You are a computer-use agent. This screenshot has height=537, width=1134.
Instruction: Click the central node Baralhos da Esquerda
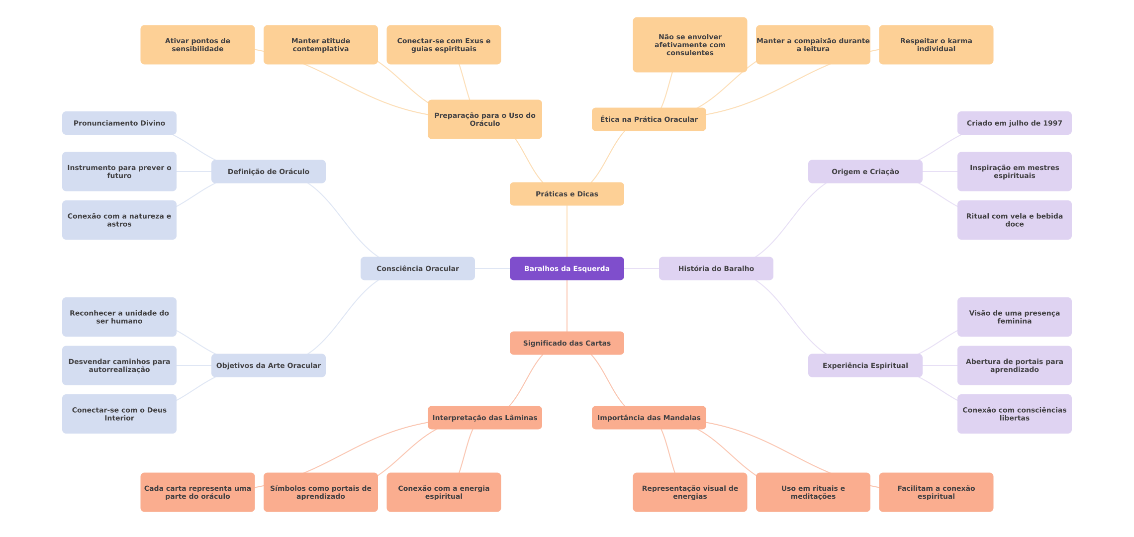(x=567, y=268)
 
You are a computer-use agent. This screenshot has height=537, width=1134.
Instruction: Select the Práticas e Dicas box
(x=567, y=194)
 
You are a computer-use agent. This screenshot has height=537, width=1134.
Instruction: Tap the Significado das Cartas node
(x=567, y=343)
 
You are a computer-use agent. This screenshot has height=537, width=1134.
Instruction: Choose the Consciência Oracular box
(x=417, y=268)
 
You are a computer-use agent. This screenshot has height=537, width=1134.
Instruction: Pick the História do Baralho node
(x=716, y=268)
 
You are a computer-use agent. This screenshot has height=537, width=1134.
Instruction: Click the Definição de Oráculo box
(x=268, y=172)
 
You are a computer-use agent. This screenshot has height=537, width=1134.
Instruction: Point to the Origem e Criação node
(x=865, y=172)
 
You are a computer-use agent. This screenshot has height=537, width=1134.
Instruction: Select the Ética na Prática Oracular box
(x=649, y=119)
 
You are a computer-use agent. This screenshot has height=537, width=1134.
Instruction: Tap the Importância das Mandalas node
(x=649, y=418)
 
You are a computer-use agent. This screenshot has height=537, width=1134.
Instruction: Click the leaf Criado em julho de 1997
(x=1014, y=123)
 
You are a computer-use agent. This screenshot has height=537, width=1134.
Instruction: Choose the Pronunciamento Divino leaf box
(x=119, y=123)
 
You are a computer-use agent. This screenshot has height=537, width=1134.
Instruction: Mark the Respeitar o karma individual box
(x=936, y=45)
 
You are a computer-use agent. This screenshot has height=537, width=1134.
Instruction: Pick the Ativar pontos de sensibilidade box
(x=197, y=45)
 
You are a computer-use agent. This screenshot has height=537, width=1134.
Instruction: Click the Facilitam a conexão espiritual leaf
(x=936, y=492)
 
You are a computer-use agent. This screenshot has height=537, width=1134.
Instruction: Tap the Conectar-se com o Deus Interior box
(x=119, y=414)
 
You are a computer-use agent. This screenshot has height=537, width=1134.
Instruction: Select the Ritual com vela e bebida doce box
(x=1014, y=220)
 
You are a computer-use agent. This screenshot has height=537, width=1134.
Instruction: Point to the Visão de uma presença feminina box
(x=1014, y=317)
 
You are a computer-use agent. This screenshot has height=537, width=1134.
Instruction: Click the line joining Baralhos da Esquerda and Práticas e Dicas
(x=567, y=231)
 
